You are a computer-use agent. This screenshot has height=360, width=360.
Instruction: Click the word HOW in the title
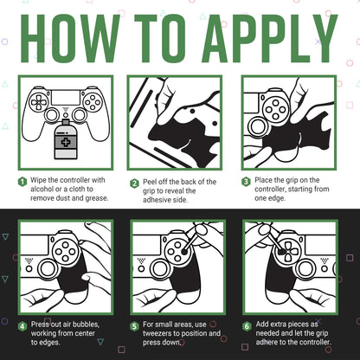70,38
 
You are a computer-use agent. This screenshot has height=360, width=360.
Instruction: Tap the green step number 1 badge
22,182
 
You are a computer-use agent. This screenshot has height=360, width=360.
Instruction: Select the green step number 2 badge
134,183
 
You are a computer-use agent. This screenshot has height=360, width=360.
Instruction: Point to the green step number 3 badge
246,182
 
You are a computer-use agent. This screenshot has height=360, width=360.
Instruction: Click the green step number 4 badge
22,326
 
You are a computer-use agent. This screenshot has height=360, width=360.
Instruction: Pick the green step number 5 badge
134,326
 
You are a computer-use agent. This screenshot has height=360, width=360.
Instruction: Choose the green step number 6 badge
247,326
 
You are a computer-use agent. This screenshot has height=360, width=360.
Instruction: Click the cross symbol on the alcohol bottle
66,142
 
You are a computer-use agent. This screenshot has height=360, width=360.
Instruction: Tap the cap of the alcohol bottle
66,122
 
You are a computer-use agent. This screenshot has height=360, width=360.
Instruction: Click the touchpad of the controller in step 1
66,98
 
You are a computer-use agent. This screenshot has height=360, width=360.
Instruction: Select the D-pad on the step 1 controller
38,101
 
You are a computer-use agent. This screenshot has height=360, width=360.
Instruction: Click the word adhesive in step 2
156,200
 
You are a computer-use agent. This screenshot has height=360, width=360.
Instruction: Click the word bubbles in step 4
86,325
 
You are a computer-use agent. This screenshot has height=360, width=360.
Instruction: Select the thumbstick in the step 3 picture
258,127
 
